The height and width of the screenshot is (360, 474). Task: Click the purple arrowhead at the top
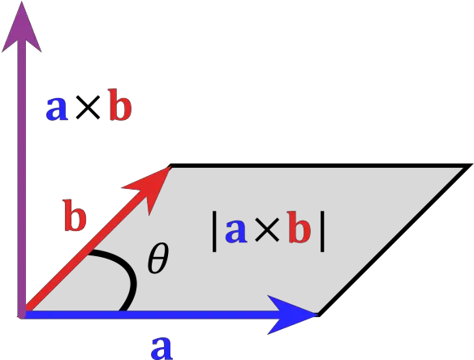[x=21, y=30]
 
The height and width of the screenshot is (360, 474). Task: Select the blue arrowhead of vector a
[x=291, y=315]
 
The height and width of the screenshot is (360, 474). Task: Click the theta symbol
[x=157, y=258]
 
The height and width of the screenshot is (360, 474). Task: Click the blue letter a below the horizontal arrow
[x=162, y=348]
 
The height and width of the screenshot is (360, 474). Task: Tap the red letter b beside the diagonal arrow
[x=75, y=216]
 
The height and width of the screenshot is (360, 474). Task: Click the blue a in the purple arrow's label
[x=57, y=109]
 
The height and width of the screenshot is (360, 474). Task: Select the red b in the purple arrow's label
[x=120, y=105]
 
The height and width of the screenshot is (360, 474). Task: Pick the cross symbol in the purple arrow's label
[x=88, y=108]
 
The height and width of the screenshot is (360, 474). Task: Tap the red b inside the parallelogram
[x=299, y=227]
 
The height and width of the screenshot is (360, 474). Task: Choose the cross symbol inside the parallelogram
[x=267, y=229]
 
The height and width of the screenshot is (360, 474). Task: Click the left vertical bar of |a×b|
[x=214, y=232]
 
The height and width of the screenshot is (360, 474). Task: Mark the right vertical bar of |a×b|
[x=322, y=232]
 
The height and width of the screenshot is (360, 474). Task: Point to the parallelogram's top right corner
[x=469, y=165]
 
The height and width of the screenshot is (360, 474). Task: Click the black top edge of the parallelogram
[x=321, y=165]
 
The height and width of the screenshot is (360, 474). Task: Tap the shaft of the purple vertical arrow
[x=21, y=181]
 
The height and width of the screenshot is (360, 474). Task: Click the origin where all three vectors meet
[x=22, y=315]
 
